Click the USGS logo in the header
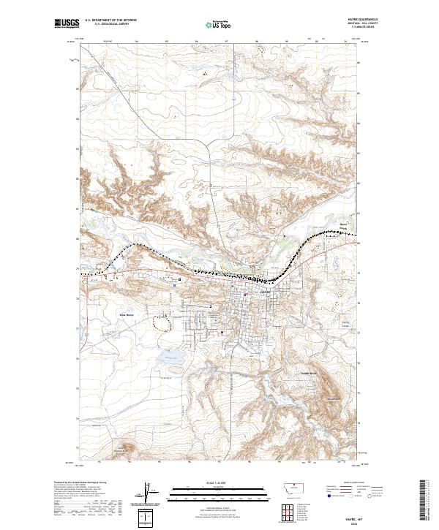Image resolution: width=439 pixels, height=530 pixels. (67, 25)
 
